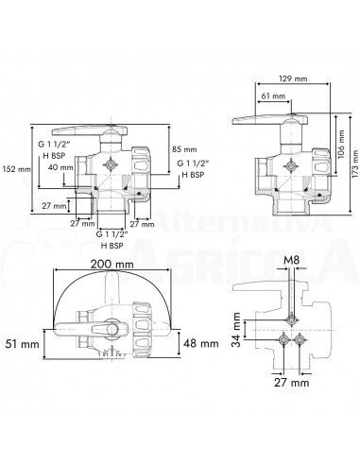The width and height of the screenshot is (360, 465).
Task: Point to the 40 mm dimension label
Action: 59,167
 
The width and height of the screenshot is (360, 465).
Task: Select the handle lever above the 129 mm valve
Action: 270,119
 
